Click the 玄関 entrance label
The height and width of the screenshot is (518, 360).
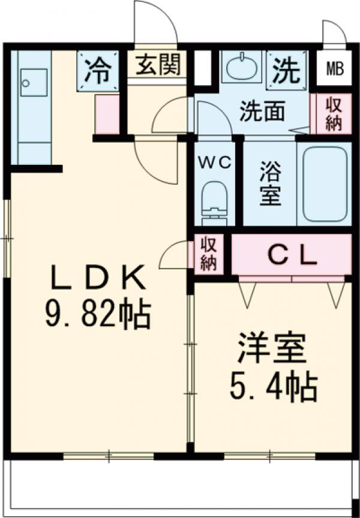point(158,64)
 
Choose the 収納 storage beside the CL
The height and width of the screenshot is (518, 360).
point(208,254)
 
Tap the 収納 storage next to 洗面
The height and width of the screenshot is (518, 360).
point(334,113)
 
